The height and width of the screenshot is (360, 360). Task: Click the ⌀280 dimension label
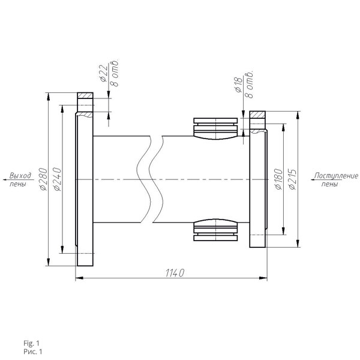click(x=43, y=179)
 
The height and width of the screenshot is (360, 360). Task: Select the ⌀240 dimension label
click(x=57, y=179)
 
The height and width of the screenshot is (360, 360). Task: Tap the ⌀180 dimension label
click(x=278, y=179)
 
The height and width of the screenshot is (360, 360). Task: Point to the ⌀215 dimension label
click(x=293, y=179)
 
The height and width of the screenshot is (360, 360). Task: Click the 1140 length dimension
click(x=175, y=273)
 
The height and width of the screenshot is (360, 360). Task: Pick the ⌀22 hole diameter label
click(x=104, y=73)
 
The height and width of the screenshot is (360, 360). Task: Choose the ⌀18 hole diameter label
click(x=239, y=85)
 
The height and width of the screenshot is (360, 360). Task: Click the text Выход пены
click(x=20, y=179)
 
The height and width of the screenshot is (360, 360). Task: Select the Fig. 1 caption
click(x=31, y=343)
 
